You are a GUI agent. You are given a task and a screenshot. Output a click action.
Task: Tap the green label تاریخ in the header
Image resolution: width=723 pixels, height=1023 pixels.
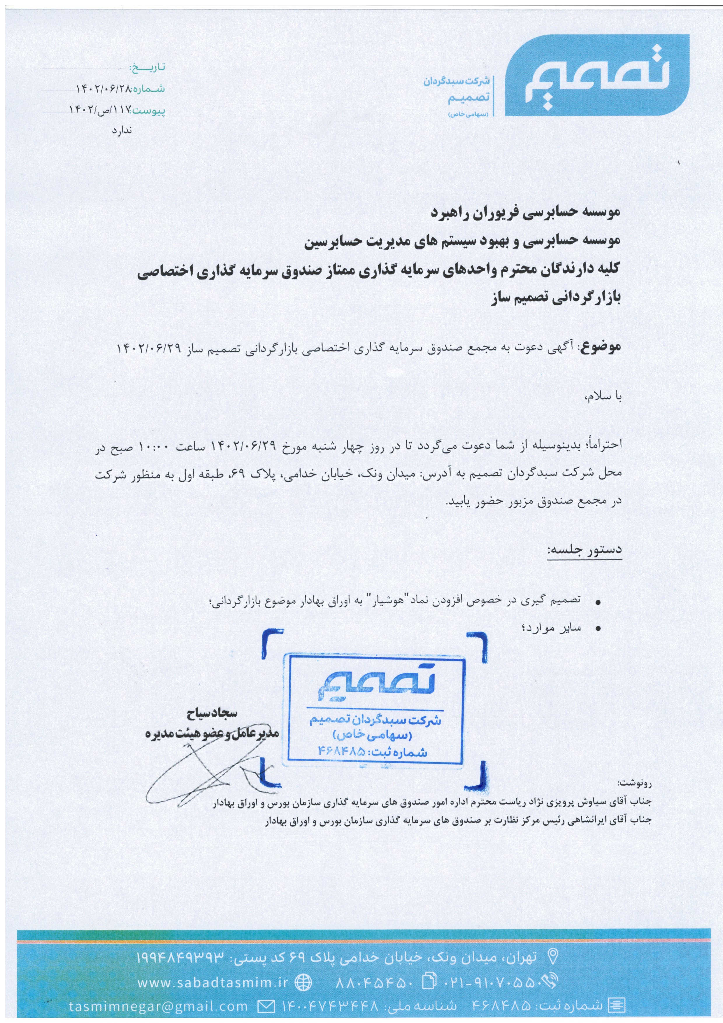click(147, 67)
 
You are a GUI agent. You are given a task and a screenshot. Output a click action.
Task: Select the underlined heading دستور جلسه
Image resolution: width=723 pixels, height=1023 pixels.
click(585, 550)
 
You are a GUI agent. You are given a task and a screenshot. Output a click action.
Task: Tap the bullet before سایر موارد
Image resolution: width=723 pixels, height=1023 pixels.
click(598, 629)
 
